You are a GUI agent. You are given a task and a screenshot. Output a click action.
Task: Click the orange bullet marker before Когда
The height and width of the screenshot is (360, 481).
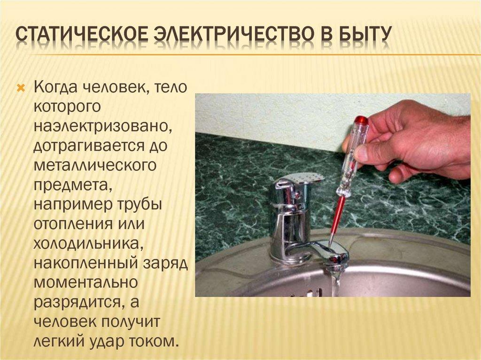tap(20, 88)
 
